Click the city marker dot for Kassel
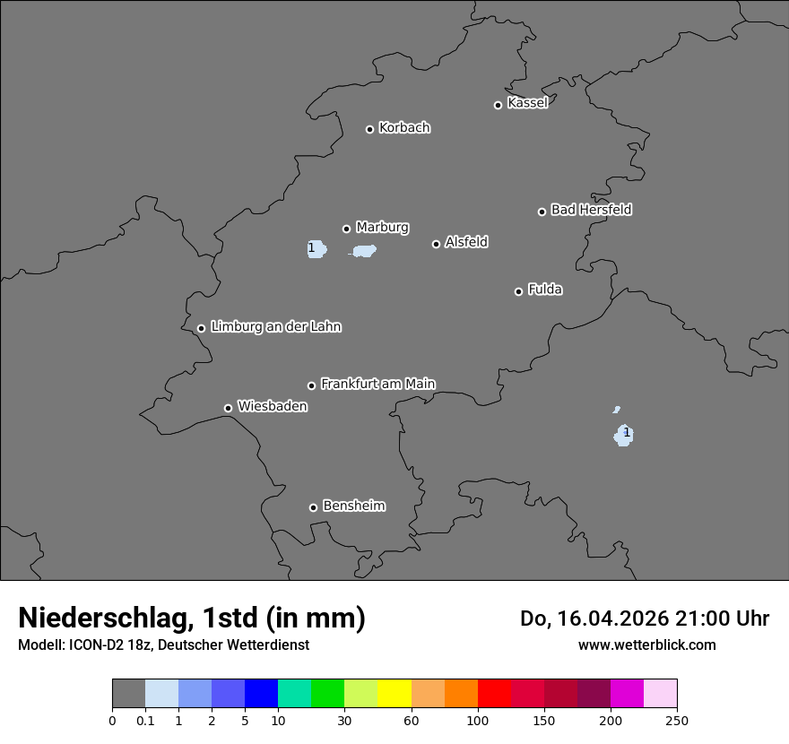click(x=498, y=105)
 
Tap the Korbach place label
click(x=404, y=127)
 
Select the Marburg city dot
click(x=346, y=229)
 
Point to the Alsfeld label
click(x=466, y=242)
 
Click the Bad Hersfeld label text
click(x=591, y=210)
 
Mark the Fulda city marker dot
click(x=518, y=291)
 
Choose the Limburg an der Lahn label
click(x=275, y=326)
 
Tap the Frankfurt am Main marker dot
click(x=312, y=385)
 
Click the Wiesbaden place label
click(x=272, y=406)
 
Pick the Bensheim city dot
click(x=313, y=507)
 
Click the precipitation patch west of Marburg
click(x=316, y=248)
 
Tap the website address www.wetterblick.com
click(x=646, y=645)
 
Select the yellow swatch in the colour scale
click(x=394, y=694)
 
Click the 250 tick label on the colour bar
click(x=677, y=720)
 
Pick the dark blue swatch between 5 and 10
click(x=261, y=694)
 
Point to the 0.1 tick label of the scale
click(x=145, y=720)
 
